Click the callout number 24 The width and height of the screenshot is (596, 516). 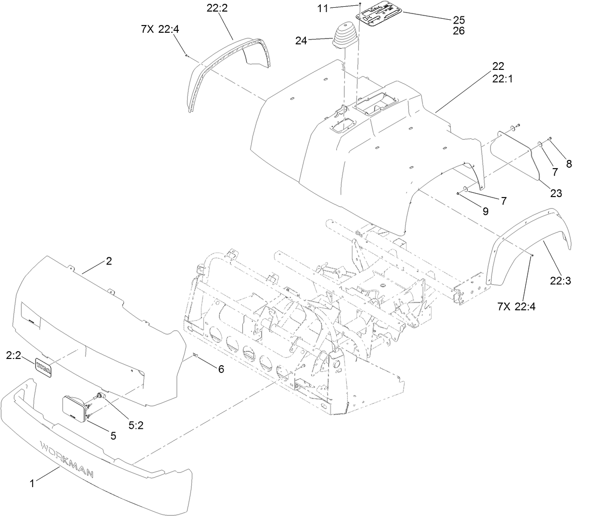(301, 41)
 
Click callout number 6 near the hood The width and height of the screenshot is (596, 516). (221, 370)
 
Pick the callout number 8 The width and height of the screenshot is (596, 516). (569, 164)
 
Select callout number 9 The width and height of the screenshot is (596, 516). (485, 211)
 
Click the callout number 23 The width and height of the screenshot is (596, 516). (556, 194)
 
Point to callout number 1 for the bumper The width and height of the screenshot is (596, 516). (32, 484)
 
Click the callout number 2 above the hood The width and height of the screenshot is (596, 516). (109, 261)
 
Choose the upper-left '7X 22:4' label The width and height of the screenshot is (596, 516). (160, 29)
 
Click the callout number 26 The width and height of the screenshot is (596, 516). (458, 31)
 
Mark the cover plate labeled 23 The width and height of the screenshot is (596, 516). (515, 149)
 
